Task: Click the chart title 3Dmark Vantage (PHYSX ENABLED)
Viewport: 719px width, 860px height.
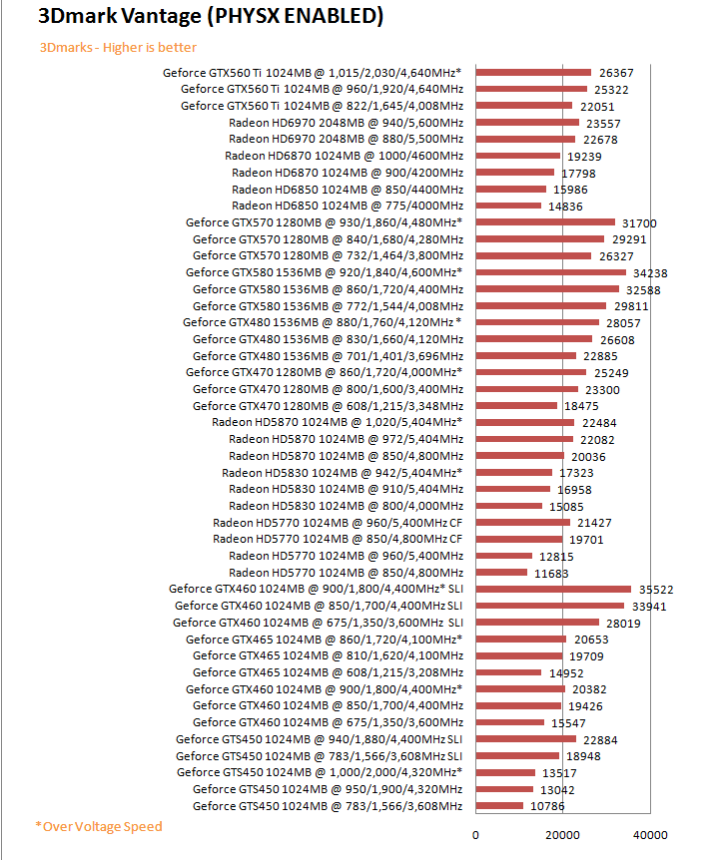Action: pos(196,17)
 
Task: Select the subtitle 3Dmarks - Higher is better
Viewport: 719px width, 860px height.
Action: pos(118,47)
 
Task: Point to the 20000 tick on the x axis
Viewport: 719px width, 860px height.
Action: pos(563,835)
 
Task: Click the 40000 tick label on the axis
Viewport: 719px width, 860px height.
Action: pos(651,835)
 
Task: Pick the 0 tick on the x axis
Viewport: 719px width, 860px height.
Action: pos(475,835)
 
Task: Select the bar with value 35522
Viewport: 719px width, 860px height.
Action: pos(553,589)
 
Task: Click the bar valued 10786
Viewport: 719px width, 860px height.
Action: pos(499,805)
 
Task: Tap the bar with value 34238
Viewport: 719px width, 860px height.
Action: pos(550,272)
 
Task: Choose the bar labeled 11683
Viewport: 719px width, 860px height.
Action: pos(501,572)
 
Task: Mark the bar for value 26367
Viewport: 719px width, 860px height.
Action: pos(533,72)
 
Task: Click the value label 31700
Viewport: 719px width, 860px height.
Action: pos(639,222)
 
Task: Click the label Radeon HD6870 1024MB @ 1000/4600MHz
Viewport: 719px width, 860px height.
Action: pos(345,156)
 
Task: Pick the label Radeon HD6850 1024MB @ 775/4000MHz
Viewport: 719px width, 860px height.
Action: pos(348,206)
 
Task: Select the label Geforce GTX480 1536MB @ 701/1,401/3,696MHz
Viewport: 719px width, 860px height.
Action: pos(328,355)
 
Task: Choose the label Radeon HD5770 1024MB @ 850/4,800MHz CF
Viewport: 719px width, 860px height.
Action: pos(339,539)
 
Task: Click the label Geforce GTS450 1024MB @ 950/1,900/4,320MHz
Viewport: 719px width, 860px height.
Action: pos(328,789)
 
